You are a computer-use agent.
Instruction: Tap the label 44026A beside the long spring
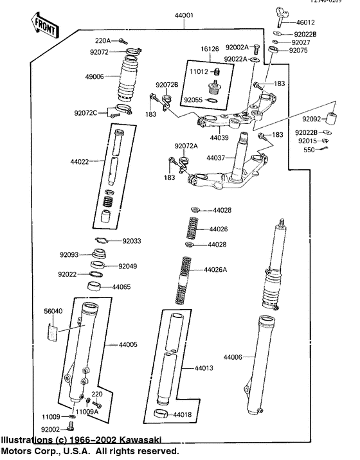tap(216, 269)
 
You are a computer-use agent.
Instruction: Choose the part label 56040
tap(53, 310)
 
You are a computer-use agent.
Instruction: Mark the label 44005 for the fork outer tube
tap(128, 345)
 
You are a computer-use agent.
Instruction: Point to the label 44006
tap(234, 357)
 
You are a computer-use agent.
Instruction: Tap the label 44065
tap(122, 287)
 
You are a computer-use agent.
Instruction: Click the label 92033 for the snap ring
tap(134, 241)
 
